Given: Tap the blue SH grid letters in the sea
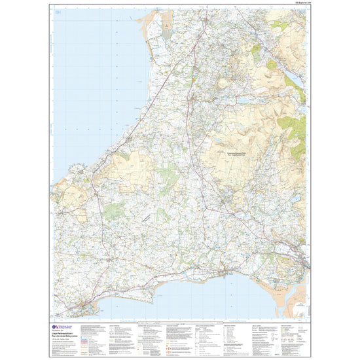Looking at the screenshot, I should pos(59,13).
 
